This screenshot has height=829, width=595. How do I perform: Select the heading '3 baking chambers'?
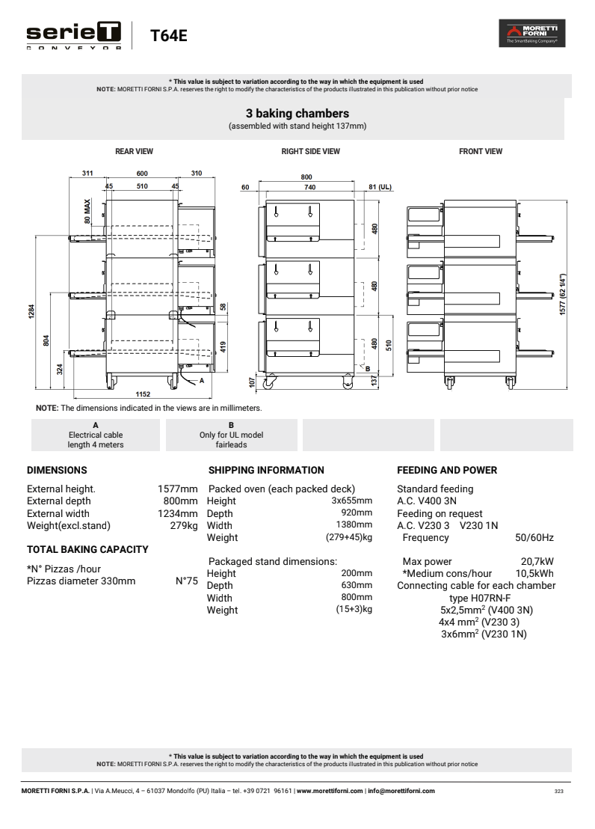[297, 114]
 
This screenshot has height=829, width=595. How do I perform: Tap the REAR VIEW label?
[134, 151]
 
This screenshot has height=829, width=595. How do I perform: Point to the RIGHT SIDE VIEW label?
[310, 151]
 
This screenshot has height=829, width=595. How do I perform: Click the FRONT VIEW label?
[481, 151]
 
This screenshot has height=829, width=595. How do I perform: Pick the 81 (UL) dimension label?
[380, 187]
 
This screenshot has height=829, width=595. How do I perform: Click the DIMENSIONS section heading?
[57, 471]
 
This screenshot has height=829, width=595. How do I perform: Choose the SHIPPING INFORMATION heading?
[266, 471]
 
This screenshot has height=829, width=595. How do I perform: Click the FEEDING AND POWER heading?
[447, 471]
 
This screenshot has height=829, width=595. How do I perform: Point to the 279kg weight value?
[184, 525]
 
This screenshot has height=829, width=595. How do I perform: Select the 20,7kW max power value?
[537, 562]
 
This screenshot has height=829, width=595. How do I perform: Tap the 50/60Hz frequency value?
[534, 537]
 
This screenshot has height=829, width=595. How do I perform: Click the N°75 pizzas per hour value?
[186, 580]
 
